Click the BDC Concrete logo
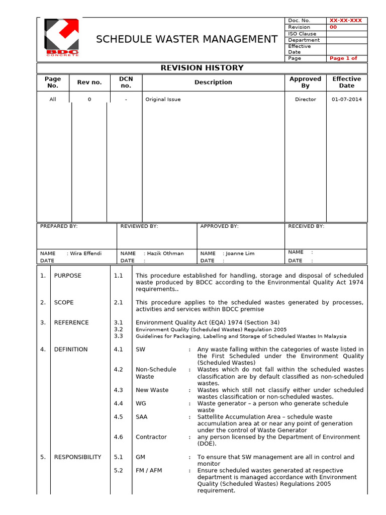[62, 38]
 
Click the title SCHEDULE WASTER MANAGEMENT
[186, 39]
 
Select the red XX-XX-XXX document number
[345, 21]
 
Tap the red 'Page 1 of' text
[343, 58]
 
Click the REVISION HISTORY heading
[202, 68]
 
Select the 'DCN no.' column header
[126, 82]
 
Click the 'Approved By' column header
[305, 82]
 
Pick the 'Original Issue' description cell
[163, 100]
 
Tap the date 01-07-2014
[346, 100]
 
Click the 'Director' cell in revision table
[305, 100]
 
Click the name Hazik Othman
[165, 253]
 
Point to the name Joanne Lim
[240, 253]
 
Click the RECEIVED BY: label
[306, 226]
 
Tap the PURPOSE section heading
[67, 276]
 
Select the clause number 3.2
[118, 329]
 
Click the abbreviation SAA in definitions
[142, 417]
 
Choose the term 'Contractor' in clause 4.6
[151, 437]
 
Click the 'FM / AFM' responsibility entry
[149, 470]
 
